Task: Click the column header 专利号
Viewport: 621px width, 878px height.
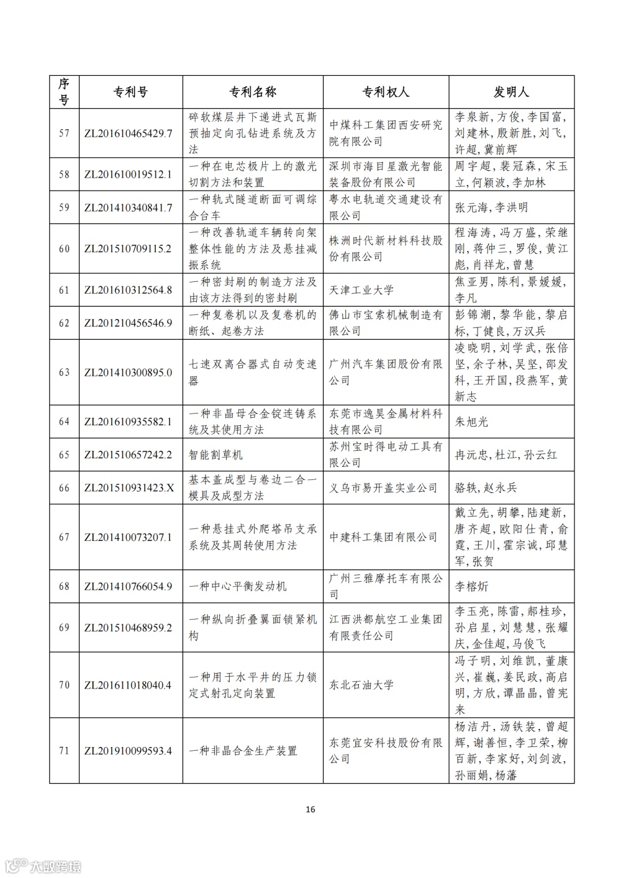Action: (130, 93)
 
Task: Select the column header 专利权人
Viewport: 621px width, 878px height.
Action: (386, 93)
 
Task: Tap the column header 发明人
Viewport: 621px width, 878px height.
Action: (511, 93)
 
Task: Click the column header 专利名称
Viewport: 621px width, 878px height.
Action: (253, 93)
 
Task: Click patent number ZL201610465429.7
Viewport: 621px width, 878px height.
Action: (128, 134)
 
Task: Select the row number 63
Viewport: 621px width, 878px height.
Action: (64, 373)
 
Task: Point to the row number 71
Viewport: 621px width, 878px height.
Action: (64, 751)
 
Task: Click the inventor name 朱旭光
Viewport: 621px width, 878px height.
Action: (472, 422)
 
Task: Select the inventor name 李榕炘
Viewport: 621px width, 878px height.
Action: (472, 586)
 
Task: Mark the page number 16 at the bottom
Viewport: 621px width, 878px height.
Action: (310, 809)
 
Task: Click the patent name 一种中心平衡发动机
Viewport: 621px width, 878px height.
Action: (238, 586)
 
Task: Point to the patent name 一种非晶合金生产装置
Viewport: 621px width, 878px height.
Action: (243, 751)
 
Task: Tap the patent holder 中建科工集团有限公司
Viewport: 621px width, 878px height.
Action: (384, 537)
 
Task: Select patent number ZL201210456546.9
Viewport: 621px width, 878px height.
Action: (128, 323)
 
